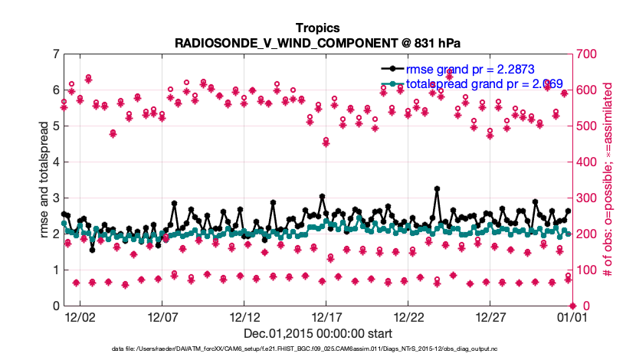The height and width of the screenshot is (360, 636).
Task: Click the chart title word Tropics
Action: pos(317,28)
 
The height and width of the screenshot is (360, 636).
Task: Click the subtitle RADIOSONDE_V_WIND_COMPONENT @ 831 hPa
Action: pos(317,42)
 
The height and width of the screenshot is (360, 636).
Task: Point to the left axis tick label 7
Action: pos(56,54)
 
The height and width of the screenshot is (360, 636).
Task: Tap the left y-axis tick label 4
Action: pos(56,162)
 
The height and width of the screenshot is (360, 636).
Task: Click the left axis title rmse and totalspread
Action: pos(44,180)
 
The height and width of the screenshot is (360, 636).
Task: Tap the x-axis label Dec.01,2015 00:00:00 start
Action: pos(317,333)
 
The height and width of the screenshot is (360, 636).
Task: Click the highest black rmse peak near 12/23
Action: pos(436,188)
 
